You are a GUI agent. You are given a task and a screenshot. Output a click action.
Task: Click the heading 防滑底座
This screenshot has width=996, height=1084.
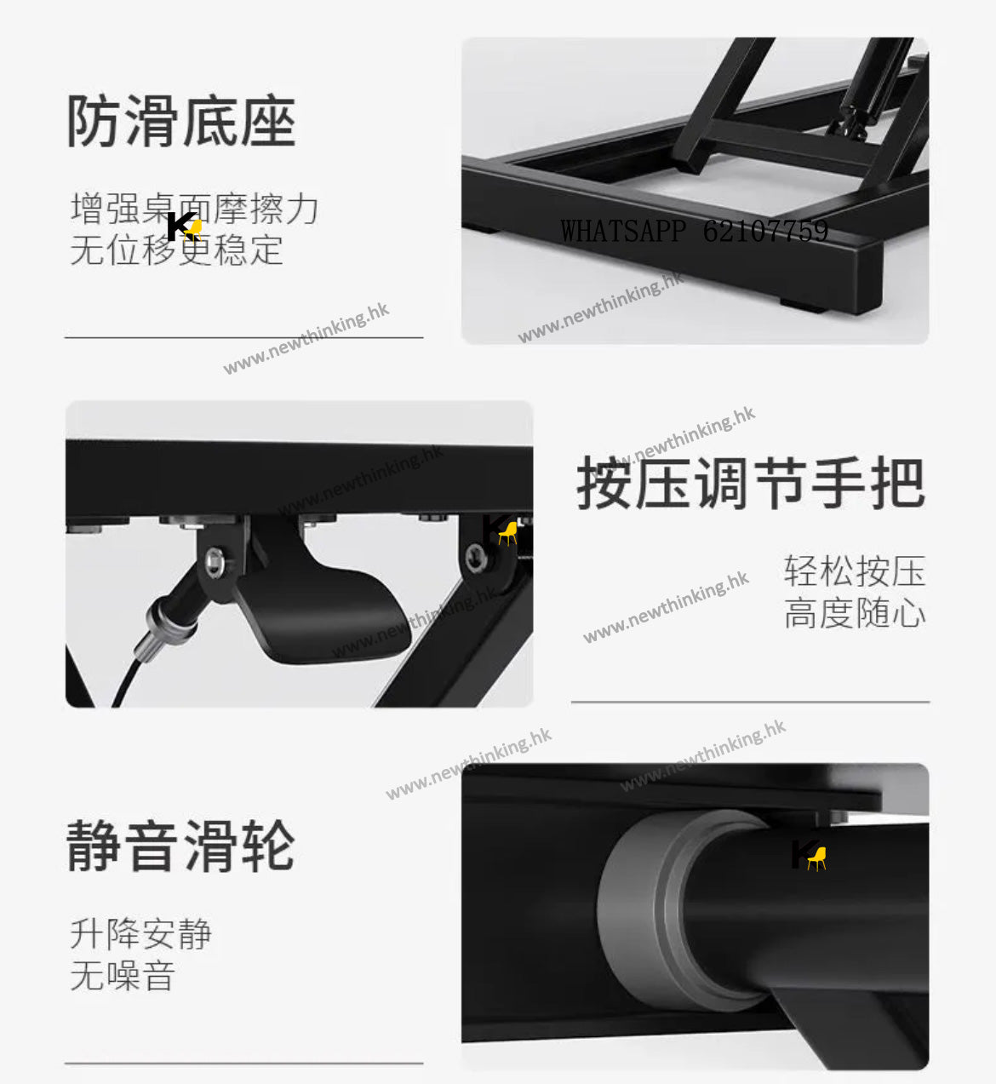click(181, 121)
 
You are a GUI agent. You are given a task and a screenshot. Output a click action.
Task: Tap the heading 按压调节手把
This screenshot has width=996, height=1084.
click(751, 483)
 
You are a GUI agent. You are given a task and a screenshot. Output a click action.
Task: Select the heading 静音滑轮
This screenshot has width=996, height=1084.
click(181, 846)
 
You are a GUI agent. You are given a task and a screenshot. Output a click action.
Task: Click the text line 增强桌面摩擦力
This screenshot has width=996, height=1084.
click(195, 209)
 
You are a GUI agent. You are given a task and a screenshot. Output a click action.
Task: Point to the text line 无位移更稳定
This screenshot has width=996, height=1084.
click(177, 249)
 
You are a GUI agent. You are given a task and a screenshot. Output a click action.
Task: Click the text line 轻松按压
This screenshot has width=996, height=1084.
click(855, 571)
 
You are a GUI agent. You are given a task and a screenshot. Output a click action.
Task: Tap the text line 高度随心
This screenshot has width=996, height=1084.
click(855, 613)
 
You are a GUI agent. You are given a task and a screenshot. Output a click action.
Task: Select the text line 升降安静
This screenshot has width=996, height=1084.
click(141, 934)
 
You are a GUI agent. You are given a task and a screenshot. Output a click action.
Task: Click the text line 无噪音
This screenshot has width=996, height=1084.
click(123, 975)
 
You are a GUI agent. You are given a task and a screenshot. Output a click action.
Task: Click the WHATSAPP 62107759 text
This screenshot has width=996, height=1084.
click(695, 232)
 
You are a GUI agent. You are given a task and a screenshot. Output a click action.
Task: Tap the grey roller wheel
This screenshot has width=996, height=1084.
click(681, 913)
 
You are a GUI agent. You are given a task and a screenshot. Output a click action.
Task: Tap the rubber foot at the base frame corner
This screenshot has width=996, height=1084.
click(803, 305)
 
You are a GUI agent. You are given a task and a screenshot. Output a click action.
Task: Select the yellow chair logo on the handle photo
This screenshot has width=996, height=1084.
click(508, 534)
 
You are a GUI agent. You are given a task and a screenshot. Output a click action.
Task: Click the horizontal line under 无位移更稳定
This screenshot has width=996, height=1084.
click(243, 338)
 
